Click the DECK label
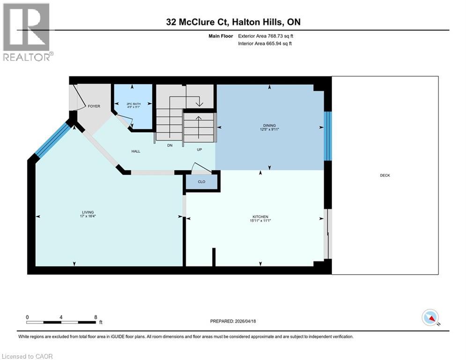[385, 175]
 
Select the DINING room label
[269, 126]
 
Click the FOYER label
[94, 106]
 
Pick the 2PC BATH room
[133, 105]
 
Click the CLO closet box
[202, 181]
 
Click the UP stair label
[199, 149]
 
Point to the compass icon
[429, 318]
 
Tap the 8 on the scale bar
[96, 316]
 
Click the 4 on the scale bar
[61, 316]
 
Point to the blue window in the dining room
[328, 135]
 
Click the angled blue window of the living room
[52, 140]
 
